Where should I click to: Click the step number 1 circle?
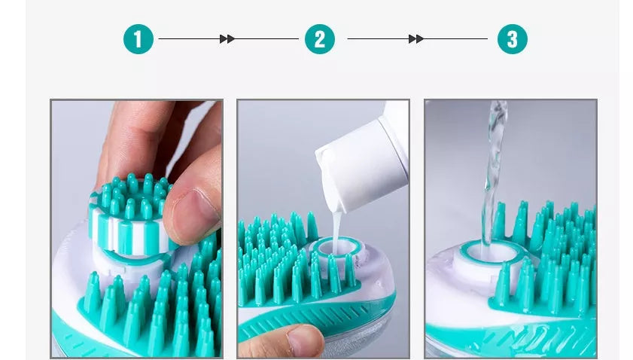tap(138, 39)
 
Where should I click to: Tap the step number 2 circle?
tap(320, 39)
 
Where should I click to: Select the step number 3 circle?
tap(513, 39)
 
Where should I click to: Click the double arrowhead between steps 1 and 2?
tap(227, 39)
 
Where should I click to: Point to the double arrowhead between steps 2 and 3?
tap(415, 39)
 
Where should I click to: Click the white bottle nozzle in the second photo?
tap(335, 192)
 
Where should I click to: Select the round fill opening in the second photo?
tap(332, 248)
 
